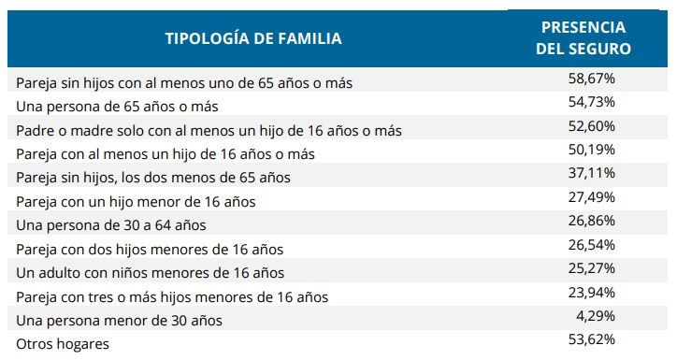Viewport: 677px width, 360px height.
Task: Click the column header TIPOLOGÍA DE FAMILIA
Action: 253,38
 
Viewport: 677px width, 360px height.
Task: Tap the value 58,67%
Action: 591,79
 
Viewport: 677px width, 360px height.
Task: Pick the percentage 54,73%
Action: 591,102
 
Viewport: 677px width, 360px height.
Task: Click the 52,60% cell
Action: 591,126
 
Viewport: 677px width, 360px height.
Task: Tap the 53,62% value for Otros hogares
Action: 591,338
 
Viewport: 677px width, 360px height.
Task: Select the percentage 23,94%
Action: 591,293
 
